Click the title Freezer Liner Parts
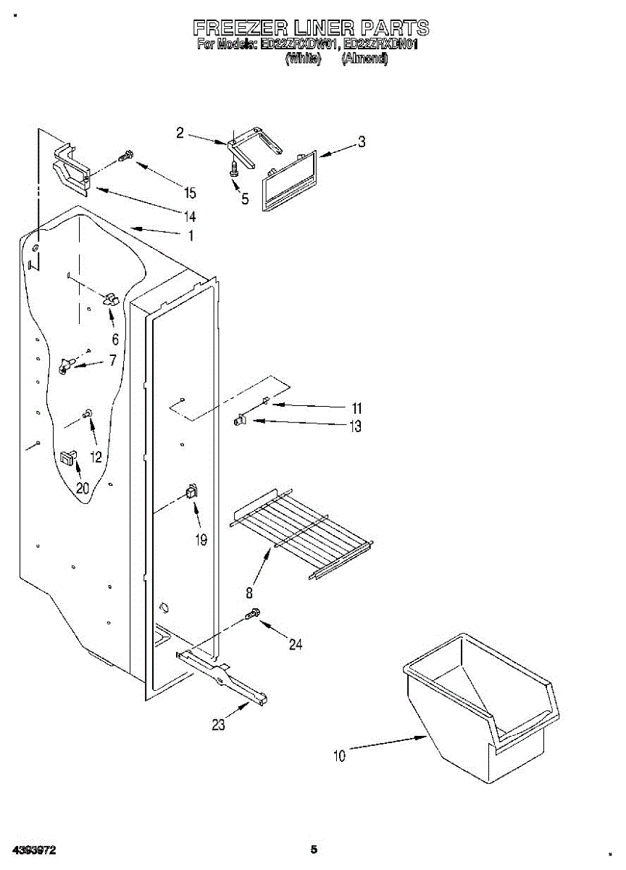[x=311, y=28]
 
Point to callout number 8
[x=249, y=592]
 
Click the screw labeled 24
[x=252, y=614]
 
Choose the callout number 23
[x=218, y=724]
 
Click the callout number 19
[x=201, y=539]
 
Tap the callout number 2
[x=180, y=132]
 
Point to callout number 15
[x=190, y=193]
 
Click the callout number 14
[x=190, y=216]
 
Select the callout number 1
[x=191, y=235]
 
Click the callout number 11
[x=356, y=407]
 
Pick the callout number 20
[x=83, y=488]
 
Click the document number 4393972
[x=34, y=850]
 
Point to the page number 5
[x=314, y=849]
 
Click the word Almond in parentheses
[x=364, y=59]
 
